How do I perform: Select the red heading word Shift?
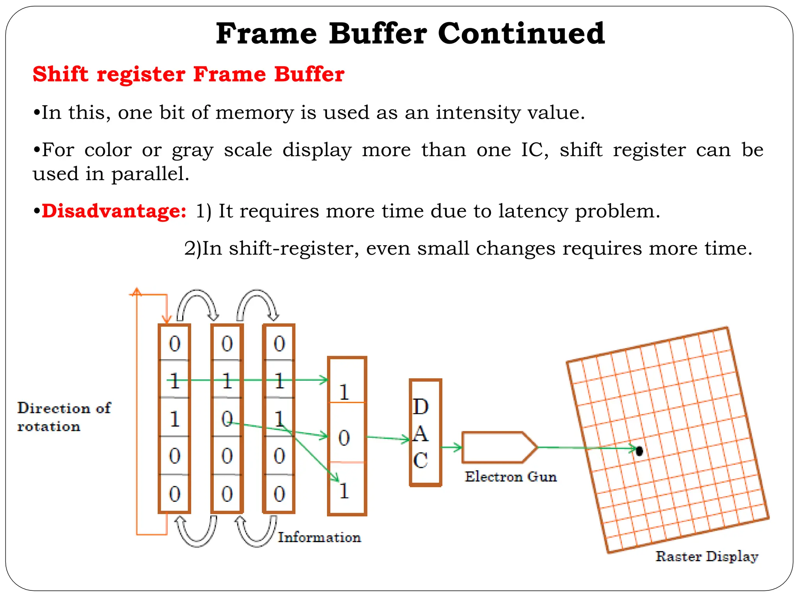[x=60, y=74]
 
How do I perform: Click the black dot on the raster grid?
[x=639, y=451]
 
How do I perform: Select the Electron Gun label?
[x=510, y=477]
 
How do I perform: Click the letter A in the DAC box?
[x=421, y=434]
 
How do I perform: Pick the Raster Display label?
[x=707, y=556]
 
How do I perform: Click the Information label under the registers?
[x=319, y=537]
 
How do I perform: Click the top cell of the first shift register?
[x=174, y=344]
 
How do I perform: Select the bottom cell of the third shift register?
[x=279, y=494]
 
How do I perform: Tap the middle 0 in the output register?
[x=344, y=438]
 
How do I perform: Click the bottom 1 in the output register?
[x=344, y=491]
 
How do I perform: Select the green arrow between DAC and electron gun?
[x=452, y=448]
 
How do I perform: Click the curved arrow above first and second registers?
[x=197, y=303]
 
